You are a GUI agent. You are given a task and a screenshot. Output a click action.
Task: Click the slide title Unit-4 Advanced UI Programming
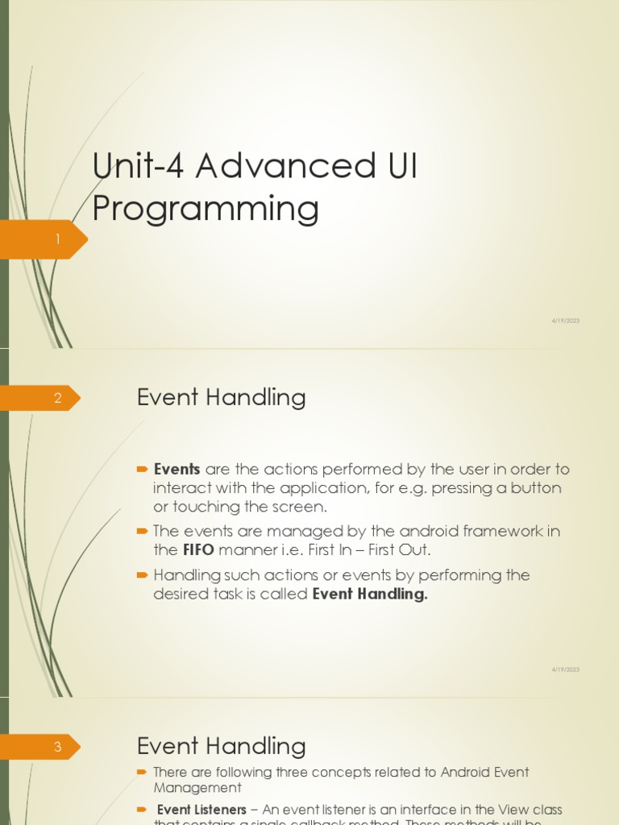point(255,187)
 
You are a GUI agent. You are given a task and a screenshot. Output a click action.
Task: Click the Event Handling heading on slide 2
point(221,397)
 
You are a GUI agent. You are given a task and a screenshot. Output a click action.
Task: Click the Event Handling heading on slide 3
point(221,746)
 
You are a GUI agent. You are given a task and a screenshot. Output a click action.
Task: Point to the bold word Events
point(177,469)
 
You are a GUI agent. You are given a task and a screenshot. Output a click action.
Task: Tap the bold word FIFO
point(197,550)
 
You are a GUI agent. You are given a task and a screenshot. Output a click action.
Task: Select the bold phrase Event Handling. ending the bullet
point(370,594)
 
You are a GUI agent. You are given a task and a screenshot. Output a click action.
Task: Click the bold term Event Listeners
point(201,809)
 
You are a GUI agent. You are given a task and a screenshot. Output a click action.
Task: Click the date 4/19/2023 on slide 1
point(565,321)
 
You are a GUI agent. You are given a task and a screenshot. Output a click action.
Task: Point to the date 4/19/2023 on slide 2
point(565,670)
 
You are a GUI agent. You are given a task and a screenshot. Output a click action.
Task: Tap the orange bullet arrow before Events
point(143,468)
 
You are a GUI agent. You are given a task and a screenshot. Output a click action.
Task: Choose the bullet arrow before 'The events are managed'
point(143,531)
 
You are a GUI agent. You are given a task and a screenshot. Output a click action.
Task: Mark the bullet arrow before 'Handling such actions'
point(143,574)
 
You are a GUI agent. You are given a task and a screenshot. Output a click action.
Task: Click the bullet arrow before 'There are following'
point(143,772)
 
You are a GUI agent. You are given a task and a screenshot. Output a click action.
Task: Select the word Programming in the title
point(206,209)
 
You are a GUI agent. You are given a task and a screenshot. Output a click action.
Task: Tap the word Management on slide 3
point(197,788)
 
